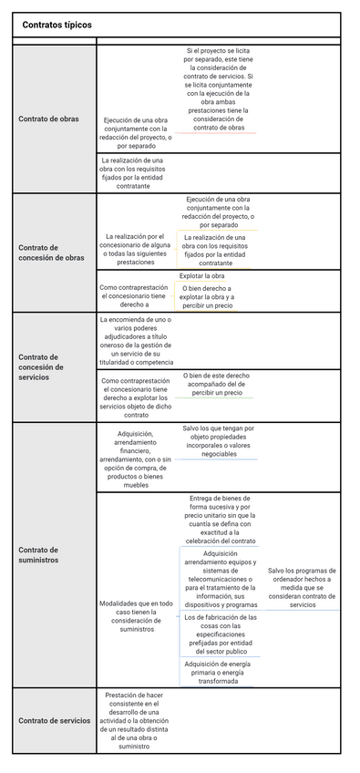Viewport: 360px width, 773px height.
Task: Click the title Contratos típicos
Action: pyautogui.click(x=57, y=26)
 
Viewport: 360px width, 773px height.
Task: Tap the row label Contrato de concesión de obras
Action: pyautogui.click(x=51, y=253)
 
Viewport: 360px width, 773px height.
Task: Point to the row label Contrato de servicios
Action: pyautogui.click(x=55, y=720)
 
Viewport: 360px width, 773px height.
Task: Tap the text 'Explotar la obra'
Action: pyautogui.click(x=201, y=275)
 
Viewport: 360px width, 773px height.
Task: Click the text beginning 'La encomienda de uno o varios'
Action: pyautogui.click(x=135, y=340)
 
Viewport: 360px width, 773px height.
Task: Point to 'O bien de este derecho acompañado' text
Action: pyautogui.click(x=215, y=384)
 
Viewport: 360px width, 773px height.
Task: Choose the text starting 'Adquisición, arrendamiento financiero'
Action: pyautogui.click(x=135, y=459)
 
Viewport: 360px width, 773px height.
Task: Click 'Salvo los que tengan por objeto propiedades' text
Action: pyautogui.click(x=219, y=440)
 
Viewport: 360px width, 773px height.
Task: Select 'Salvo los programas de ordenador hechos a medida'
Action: pyautogui.click(x=301, y=587)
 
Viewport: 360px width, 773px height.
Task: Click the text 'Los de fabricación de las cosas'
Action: pyautogui.click(x=219, y=634)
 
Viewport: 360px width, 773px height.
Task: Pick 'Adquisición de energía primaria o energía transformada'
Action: pyautogui.click(x=219, y=672)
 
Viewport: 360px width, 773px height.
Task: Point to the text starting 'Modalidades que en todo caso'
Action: pyautogui.click(x=135, y=616)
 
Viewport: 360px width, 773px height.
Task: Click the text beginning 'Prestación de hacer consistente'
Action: pyautogui.click(x=135, y=720)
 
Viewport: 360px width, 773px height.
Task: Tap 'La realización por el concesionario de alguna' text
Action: pyautogui.click(x=135, y=249)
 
